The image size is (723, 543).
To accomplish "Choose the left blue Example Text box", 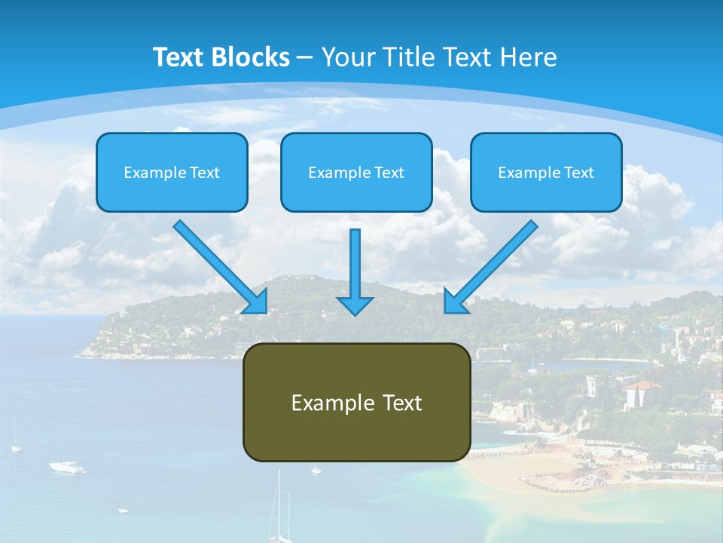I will [x=172, y=172].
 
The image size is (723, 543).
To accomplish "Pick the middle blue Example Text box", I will [x=356, y=172].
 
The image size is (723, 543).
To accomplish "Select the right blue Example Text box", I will [x=546, y=172].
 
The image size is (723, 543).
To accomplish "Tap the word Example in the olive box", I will [x=333, y=403].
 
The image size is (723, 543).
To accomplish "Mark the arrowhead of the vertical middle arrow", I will [x=355, y=305].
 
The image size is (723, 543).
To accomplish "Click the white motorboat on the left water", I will [x=67, y=468].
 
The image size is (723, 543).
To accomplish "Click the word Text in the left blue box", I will [x=205, y=173].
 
